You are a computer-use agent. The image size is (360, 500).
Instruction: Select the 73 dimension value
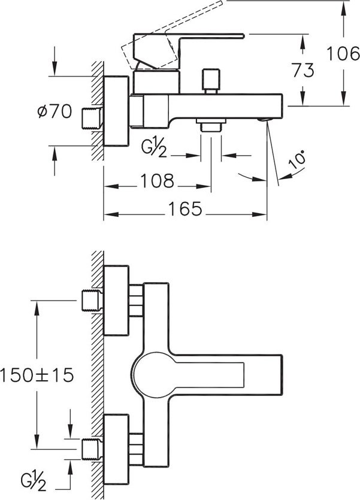(x=303, y=71)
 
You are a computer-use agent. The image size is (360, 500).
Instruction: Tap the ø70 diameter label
(x=55, y=111)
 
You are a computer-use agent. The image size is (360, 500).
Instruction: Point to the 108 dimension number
(x=157, y=181)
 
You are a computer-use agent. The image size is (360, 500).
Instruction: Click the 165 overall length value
(x=185, y=209)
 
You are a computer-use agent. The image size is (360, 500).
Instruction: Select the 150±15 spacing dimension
(x=37, y=375)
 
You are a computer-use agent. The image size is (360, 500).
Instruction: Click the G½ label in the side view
(x=155, y=148)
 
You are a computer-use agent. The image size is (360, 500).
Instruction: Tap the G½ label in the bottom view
(x=34, y=482)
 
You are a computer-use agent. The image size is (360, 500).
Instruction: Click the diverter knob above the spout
(x=211, y=81)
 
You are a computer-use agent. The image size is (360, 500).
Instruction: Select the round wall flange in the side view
(x=116, y=111)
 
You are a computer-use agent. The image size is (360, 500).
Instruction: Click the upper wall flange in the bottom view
(x=116, y=301)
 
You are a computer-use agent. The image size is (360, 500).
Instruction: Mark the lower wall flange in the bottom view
(x=116, y=449)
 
